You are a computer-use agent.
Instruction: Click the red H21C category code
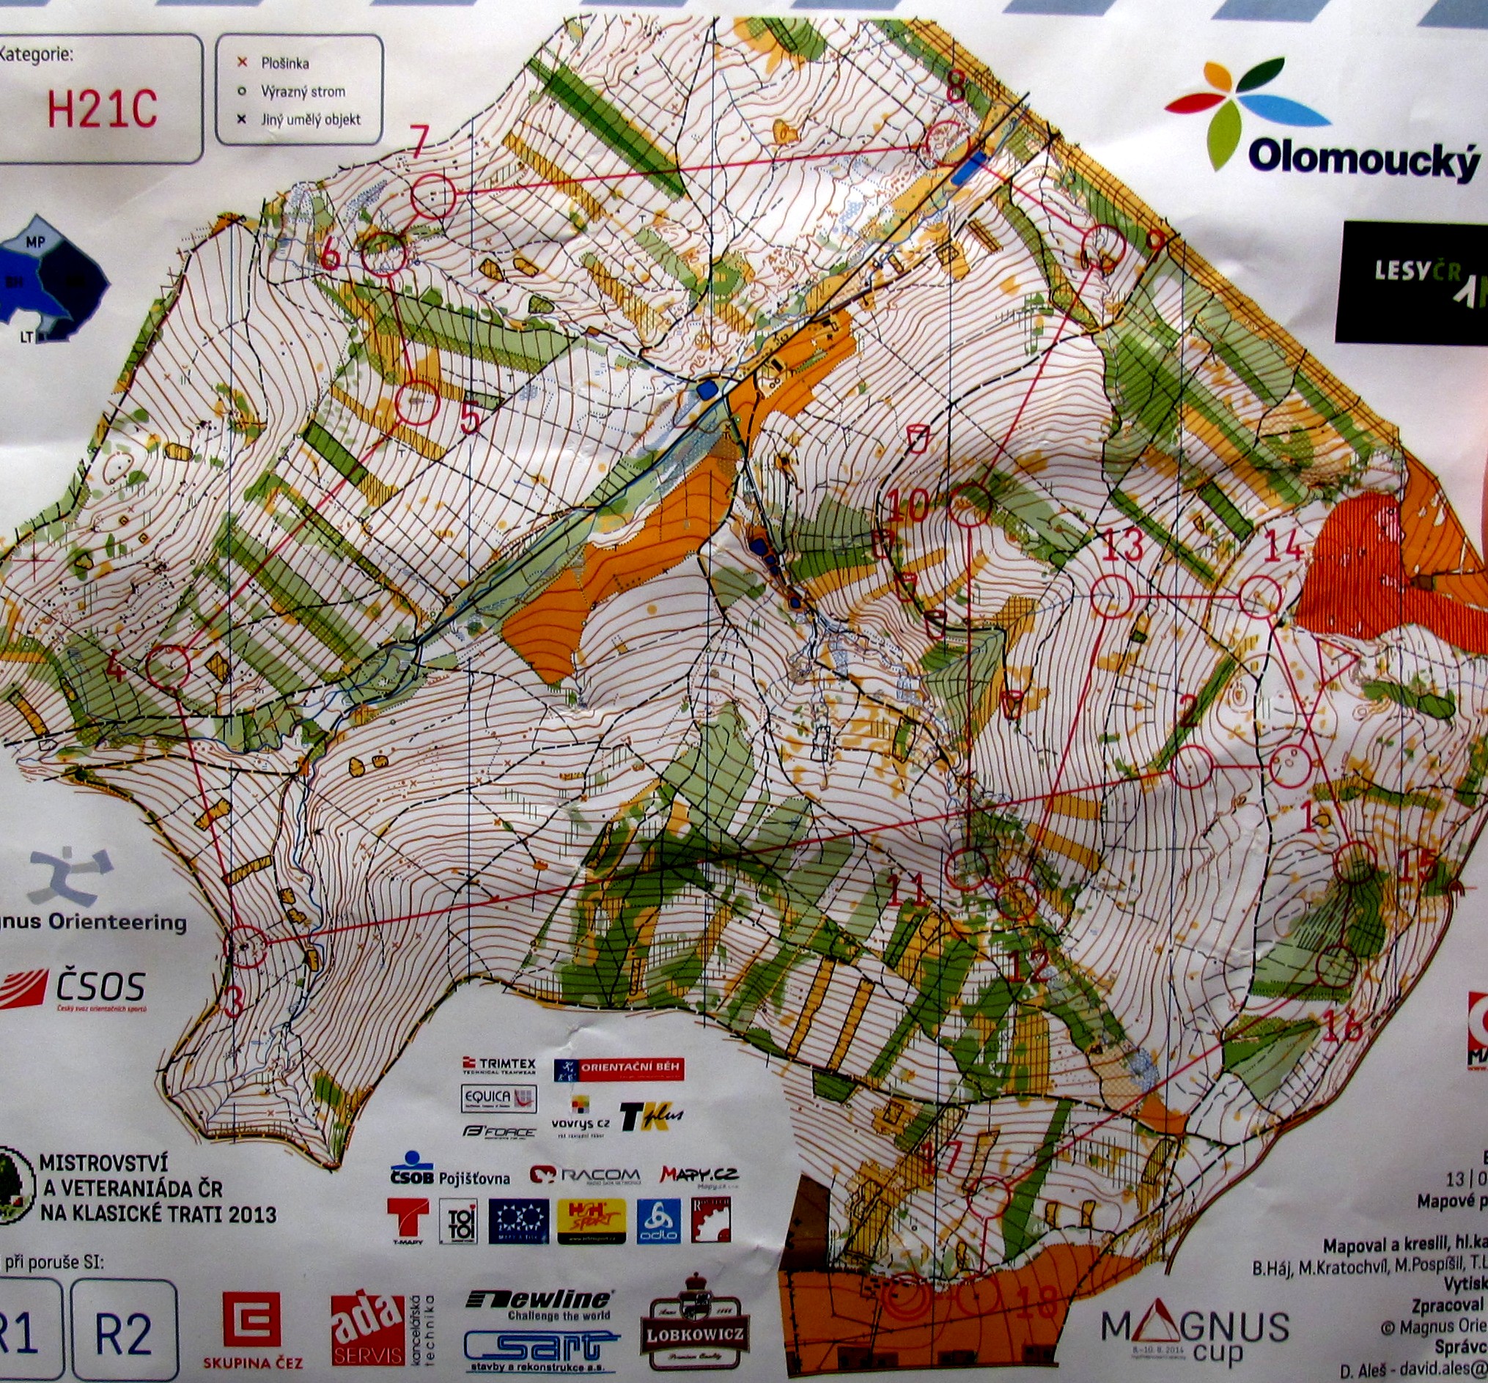tap(103, 110)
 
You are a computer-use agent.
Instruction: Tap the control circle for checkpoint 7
tap(433, 196)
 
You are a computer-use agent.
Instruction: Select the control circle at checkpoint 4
tap(167, 665)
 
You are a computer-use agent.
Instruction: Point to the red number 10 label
tap(909, 506)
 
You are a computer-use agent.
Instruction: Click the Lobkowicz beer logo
tap(696, 1312)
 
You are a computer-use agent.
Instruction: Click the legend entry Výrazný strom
tap(303, 92)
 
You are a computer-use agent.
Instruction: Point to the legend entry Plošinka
tap(284, 64)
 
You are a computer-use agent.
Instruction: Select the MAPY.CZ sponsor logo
tap(699, 1174)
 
